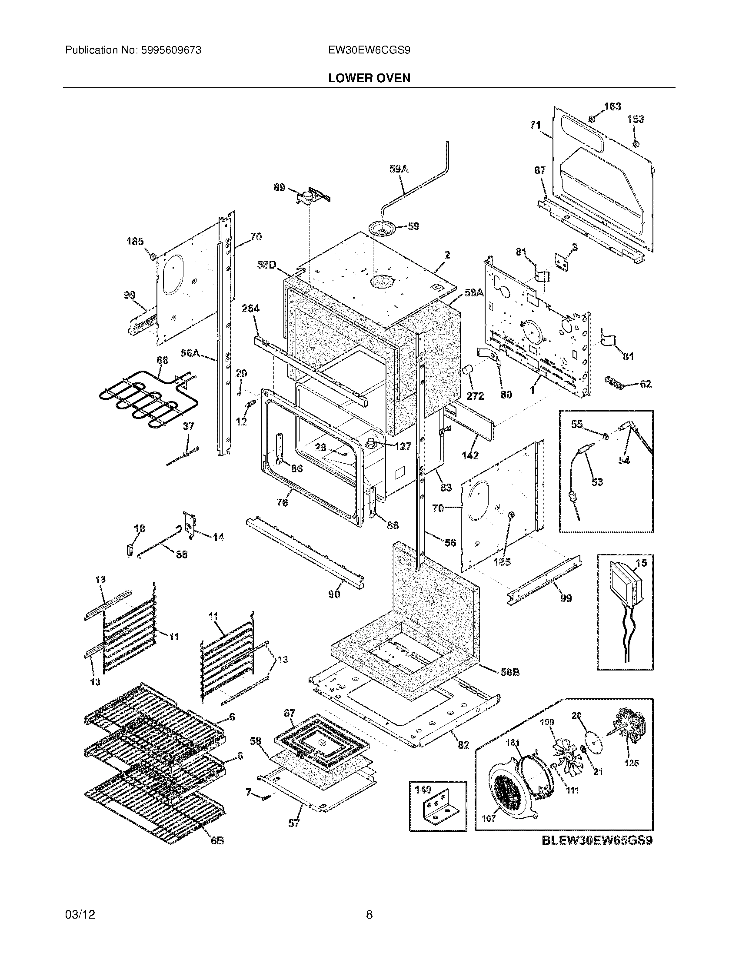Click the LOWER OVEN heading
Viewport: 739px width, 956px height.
pyautogui.click(x=369, y=78)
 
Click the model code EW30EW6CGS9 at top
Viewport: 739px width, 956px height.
pyautogui.click(x=369, y=50)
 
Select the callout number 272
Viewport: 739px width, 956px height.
pyautogui.click(x=475, y=396)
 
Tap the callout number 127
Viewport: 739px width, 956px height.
pyautogui.click(x=403, y=446)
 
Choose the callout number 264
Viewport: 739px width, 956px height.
pyautogui.click(x=250, y=309)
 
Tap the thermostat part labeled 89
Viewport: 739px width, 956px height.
pyautogui.click(x=309, y=198)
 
